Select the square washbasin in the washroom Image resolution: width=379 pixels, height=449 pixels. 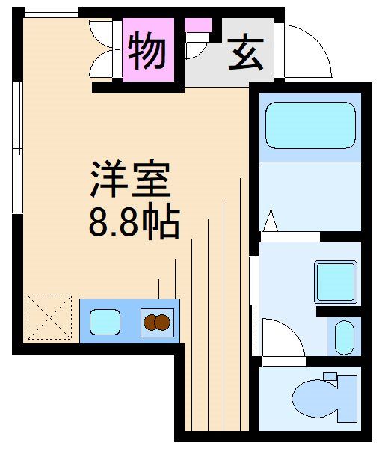tap(334, 281)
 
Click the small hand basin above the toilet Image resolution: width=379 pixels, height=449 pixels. tap(344, 337)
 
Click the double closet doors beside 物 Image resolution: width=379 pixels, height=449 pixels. tap(103, 52)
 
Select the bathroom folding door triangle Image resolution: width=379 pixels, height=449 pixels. tap(271, 221)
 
